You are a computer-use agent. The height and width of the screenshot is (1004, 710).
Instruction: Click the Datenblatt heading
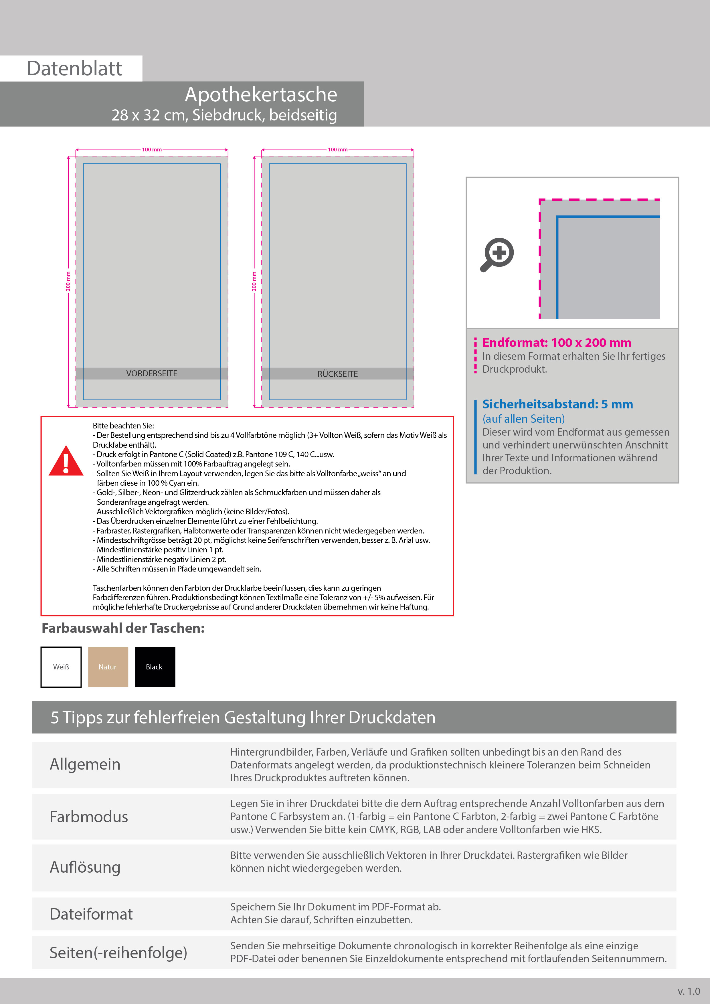[74, 69]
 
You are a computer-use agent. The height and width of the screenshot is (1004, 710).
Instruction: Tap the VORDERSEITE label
[152, 373]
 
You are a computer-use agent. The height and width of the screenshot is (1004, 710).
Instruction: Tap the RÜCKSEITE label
[337, 374]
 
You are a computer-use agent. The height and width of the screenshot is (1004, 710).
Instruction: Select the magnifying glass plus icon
[498, 254]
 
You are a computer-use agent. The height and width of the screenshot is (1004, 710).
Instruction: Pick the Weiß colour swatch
[61, 667]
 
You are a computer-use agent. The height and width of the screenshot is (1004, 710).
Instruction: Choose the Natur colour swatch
[108, 667]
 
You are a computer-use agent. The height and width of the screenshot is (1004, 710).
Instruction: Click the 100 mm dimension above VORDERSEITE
[152, 150]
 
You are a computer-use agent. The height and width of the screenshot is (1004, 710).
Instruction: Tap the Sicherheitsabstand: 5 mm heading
[557, 404]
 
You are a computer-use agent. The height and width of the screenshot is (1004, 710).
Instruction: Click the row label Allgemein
[85, 764]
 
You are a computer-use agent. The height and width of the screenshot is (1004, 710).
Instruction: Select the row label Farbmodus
[89, 817]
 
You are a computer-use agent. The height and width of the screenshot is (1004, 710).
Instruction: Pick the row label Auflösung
[85, 867]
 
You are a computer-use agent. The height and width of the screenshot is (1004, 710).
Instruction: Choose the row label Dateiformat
[91, 914]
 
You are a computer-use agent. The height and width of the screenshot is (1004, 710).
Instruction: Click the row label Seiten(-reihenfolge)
[118, 952]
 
